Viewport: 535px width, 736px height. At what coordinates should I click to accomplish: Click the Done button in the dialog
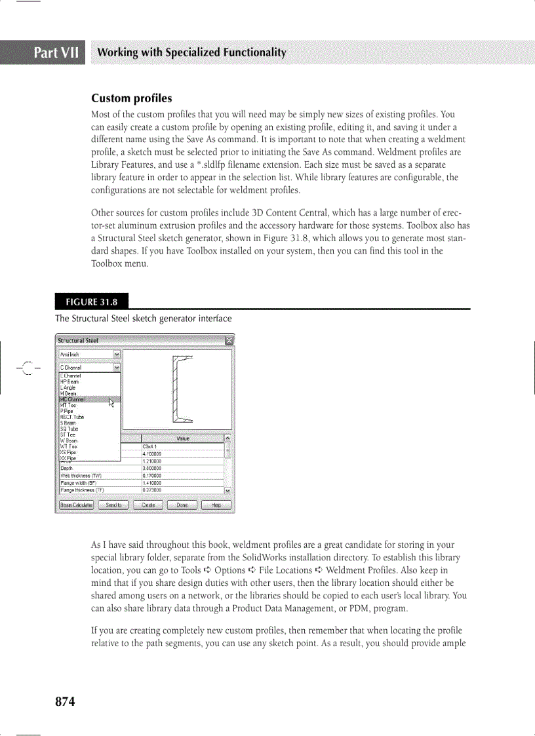[182, 505]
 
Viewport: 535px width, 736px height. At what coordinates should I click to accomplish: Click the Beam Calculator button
[77, 505]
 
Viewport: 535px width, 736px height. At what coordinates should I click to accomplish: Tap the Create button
[148, 505]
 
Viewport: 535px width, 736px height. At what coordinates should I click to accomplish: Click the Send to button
[114, 505]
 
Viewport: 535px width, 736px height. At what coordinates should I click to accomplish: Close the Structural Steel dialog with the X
[229, 341]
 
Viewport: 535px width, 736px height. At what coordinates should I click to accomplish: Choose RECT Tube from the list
[72, 417]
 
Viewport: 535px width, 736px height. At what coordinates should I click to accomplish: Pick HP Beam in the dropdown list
[69, 381]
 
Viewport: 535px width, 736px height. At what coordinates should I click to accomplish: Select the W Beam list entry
[69, 440]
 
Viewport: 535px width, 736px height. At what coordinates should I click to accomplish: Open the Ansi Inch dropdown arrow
[117, 355]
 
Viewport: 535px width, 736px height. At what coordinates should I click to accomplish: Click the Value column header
[183, 438]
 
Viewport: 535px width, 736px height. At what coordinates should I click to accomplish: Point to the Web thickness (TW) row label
[79, 476]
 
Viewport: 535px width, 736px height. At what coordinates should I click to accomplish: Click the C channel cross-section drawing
[182, 389]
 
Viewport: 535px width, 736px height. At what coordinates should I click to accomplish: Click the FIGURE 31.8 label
[92, 303]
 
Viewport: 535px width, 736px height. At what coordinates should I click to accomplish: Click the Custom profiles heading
[131, 98]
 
